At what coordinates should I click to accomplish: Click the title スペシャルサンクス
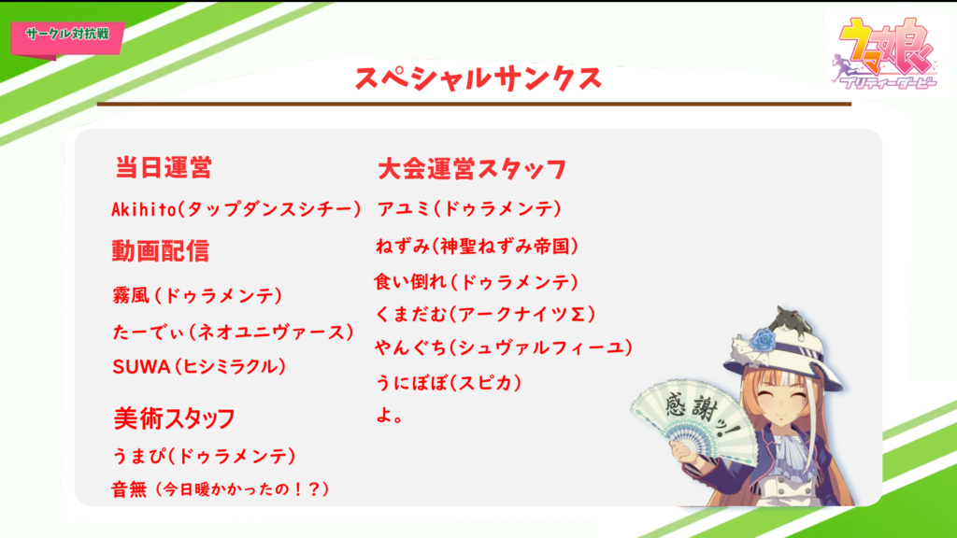tap(478, 78)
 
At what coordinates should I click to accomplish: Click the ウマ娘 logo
tap(884, 54)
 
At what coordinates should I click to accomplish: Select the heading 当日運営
tap(164, 167)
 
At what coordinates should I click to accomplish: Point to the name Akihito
tap(144, 209)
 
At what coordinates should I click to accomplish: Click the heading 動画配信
tap(161, 250)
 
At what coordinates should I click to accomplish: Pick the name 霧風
tap(131, 295)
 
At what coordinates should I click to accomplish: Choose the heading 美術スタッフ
tap(175, 418)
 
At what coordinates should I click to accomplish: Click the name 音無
tap(129, 489)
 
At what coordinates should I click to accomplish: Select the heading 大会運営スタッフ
tap(472, 169)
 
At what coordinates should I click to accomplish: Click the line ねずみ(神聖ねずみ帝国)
tap(477, 247)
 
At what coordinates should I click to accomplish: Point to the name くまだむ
tap(411, 314)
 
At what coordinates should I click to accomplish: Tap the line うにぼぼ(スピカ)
tap(449, 383)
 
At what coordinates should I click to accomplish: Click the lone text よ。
tap(389, 416)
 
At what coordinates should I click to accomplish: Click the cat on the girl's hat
tap(791, 322)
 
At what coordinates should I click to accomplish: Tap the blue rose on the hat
tap(763, 340)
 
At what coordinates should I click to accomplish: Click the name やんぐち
tap(411, 347)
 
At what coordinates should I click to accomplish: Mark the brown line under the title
tap(474, 105)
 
